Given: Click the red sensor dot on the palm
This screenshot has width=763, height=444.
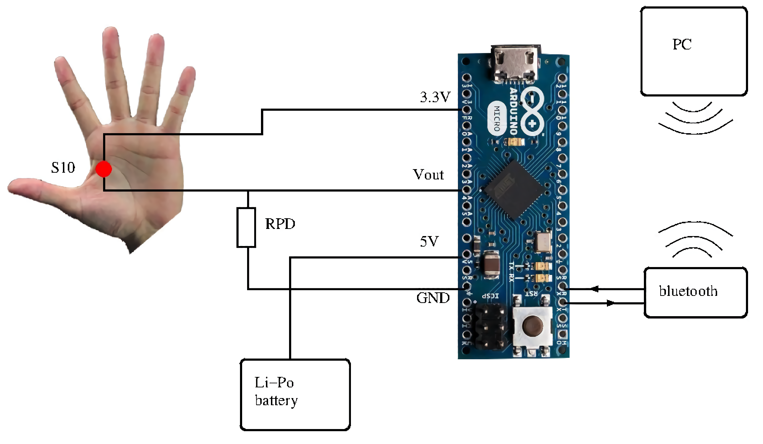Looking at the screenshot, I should pos(103,169).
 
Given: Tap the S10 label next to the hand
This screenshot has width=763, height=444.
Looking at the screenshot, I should pos(63,168).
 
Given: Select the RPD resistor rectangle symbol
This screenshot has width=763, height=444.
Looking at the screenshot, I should pos(246,227).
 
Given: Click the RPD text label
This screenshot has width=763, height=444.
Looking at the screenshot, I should pos(280,224).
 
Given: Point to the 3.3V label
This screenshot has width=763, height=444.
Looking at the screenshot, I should pos(435,97).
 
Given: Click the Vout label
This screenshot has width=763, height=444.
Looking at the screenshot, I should pos(428,174).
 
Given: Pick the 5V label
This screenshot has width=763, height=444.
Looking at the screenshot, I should pos(429,241).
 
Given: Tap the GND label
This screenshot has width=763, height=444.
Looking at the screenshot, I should pos(433,298).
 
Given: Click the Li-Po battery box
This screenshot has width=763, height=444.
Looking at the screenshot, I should pos(295,395).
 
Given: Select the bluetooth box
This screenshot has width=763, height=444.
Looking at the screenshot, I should pos(695,292).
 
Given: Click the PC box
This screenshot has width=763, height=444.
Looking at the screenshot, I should pos(694,51).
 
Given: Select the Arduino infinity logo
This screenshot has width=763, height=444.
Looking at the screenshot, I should pos(532,110).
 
